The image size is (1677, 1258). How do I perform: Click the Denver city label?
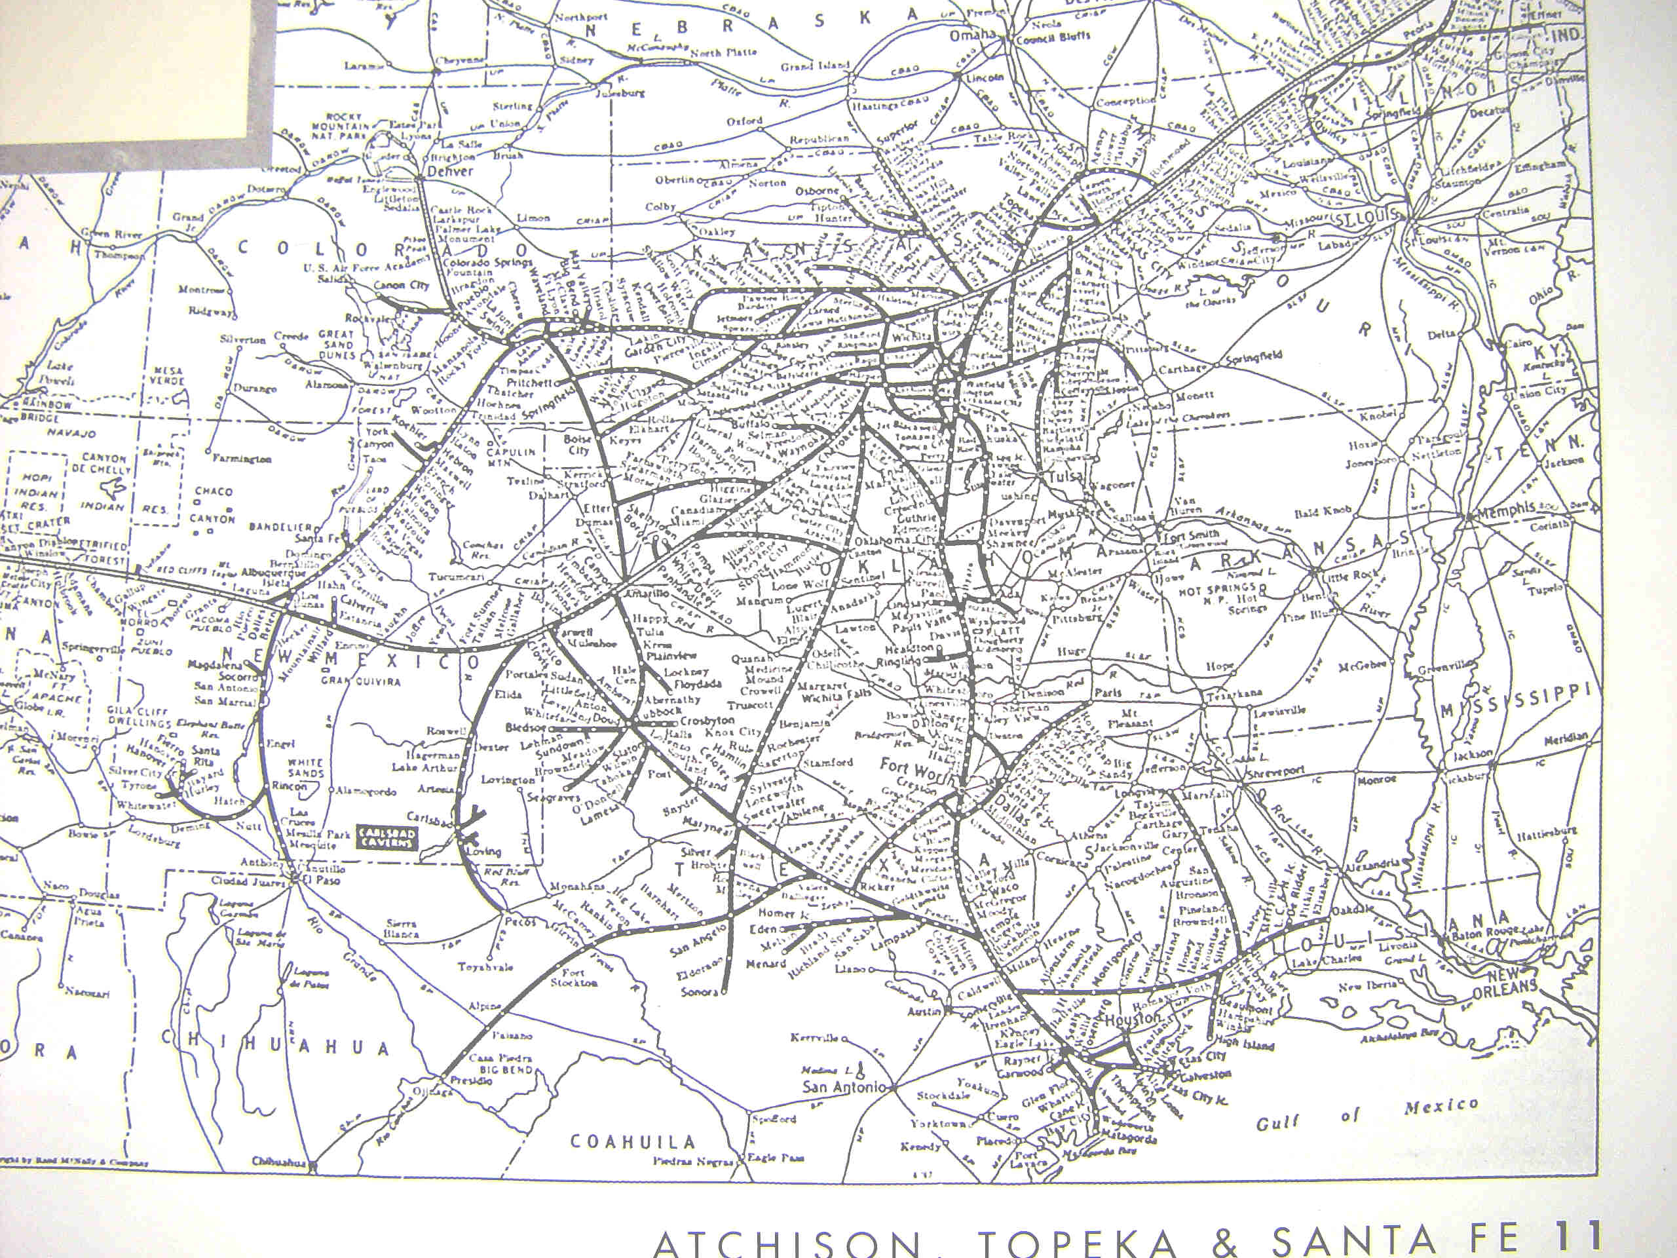450,172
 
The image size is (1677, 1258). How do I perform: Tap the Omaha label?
973,35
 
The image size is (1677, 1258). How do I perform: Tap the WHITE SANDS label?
305,768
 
